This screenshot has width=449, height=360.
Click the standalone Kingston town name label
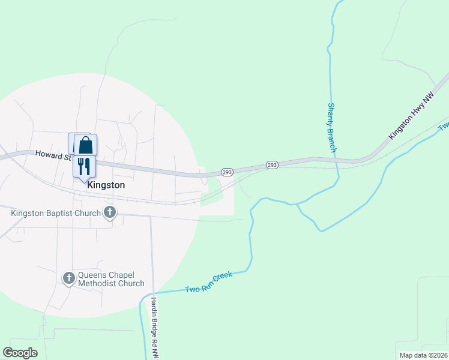[x=106, y=185]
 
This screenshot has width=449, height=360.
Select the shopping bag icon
[x=86, y=145]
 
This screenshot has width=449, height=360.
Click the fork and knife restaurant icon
[x=83, y=166]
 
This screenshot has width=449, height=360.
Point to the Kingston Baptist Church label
[x=55, y=212]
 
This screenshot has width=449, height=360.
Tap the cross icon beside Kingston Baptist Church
[x=110, y=212]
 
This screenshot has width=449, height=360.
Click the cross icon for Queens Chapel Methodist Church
[x=68, y=278]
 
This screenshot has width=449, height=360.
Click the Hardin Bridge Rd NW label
[x=155, y=328]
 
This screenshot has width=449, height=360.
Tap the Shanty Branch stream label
[x=331, y=127]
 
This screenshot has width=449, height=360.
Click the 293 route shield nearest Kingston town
[x=226, y=172]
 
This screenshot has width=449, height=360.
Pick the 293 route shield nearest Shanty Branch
[x=271, y=165]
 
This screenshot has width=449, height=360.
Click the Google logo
[x=20, y=352]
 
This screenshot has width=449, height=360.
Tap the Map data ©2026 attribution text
[x=424, y=355]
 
